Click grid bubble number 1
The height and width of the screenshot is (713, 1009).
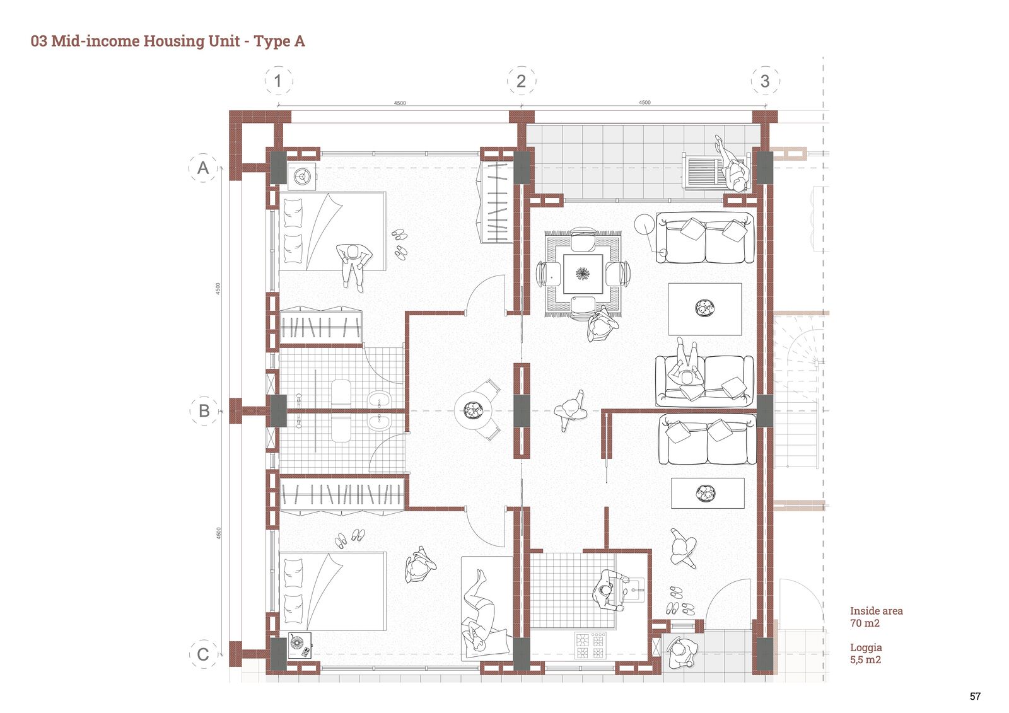[x=278, y=81]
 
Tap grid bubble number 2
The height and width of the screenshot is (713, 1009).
[x=522, y=81]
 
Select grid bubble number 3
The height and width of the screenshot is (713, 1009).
[x=766, y=81]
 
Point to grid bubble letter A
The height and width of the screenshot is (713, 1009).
[x=203, y=168]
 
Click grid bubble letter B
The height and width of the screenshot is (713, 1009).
[x=204, y=411]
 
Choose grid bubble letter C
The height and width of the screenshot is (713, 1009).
[x=203, y=654]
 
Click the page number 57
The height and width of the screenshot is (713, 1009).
[x=975, y=697]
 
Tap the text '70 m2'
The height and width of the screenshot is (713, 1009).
[x=865, y=623]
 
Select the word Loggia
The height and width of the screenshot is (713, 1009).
[x=866, y=648]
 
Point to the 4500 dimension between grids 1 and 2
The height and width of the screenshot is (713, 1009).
[x=400, y=103]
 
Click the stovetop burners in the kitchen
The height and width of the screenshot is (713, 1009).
[x=590, y=646]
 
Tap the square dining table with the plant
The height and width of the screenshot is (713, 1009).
[x=583, y=274]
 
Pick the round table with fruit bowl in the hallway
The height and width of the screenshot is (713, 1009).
[x=472, y=411]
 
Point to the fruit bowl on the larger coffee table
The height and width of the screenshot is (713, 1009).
[x=704, y=308]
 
